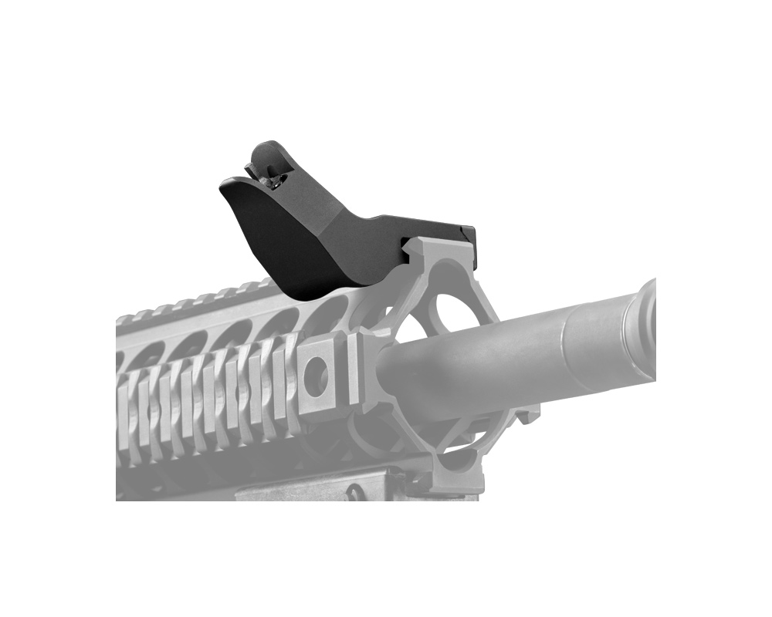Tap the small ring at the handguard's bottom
point(355,491)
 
